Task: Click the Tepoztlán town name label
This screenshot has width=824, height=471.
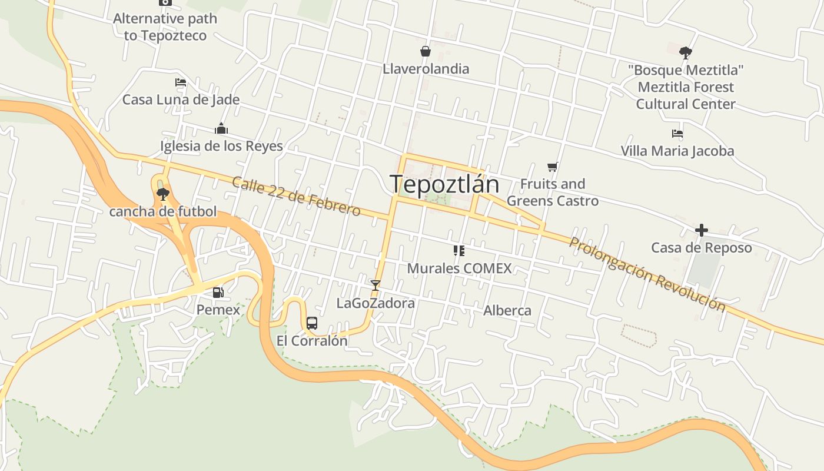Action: point(444,184)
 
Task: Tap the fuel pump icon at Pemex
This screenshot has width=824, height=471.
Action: point(218,292)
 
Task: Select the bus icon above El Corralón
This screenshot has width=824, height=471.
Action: point(312,323)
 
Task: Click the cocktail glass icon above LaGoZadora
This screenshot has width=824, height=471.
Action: point(375,286)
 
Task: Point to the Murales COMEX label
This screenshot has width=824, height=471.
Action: point(459,268)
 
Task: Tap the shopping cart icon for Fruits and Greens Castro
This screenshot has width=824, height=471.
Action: point(552,167)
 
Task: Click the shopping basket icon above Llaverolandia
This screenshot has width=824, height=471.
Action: point(425,51)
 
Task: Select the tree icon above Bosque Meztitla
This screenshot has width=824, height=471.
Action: point(685,52)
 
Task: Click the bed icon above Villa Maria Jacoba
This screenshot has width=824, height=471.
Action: point(677,134)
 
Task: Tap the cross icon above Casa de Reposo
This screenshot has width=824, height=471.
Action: point(701,230)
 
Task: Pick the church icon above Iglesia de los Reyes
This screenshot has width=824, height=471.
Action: point(221,128)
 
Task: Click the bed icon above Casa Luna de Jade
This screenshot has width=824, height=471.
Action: point(181,82)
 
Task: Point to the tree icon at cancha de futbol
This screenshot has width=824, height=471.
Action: point(163,194)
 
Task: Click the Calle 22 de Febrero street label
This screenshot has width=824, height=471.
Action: point(296,196)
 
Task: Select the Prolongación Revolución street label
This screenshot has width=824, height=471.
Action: point(647,274)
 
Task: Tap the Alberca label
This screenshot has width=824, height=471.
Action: point(507,310)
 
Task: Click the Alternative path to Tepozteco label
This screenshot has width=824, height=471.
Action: point(165,27)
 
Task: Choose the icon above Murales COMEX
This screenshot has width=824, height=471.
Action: point(459,251)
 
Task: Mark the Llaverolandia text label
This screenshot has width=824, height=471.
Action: point(426,69)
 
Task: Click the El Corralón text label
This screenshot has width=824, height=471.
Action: point(312,341)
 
